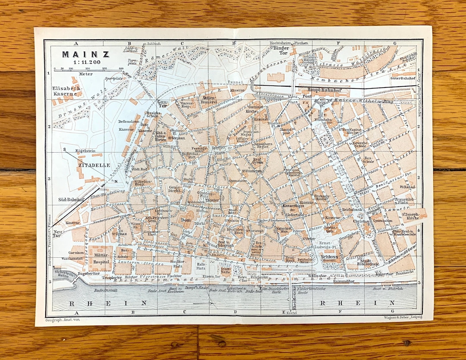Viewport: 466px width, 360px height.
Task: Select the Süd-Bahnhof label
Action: click(69, 200)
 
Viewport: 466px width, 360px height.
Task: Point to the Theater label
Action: click(204, 200)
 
